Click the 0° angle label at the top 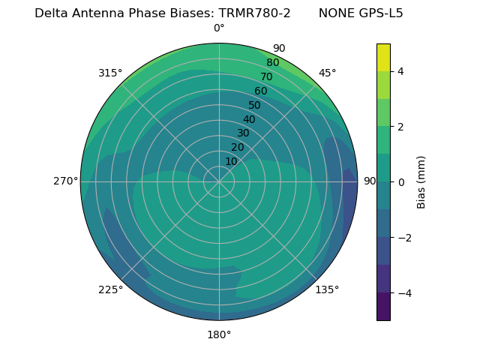pos(219,28)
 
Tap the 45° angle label pos(328,73)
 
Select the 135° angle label pos(327,289)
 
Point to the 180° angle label pos(219,334)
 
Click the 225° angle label pos(110,289)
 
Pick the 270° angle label pos(66,181)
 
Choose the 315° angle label pos(110,73)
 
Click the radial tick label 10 pos(231,161)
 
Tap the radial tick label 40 pos(249,119)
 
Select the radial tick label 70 pos(266,76)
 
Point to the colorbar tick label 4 pos(401,71)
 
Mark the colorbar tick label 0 pos(401,182)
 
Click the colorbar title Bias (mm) pos(421,181)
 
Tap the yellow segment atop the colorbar pos(383,57)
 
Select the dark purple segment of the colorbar pos(383,306)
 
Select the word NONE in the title pos(336,13)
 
